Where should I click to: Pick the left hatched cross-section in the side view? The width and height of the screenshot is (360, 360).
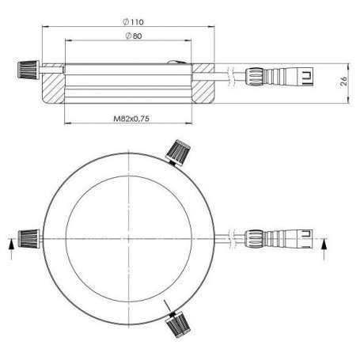tap(51, 89)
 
